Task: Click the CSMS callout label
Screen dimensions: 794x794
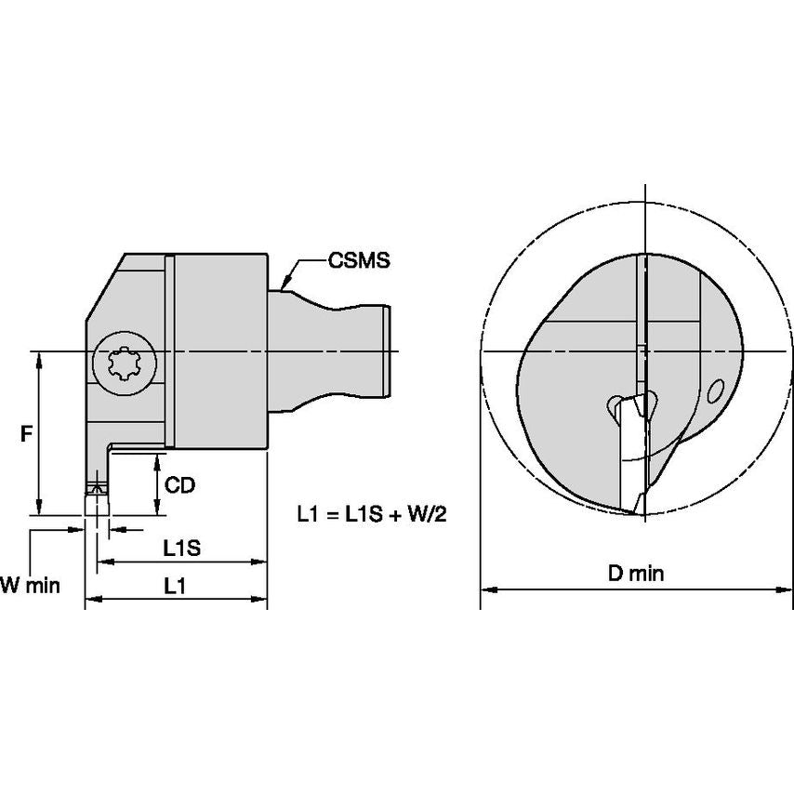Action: tap(358, 261)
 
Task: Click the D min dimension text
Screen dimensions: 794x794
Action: tap(636, 574)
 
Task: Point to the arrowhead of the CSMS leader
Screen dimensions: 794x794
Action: tap(285, 282)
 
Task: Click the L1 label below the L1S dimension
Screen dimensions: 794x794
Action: tap(175, 586)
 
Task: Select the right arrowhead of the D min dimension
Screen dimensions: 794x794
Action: tap(787, 589)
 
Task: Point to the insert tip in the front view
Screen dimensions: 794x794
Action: tap(637, 509)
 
